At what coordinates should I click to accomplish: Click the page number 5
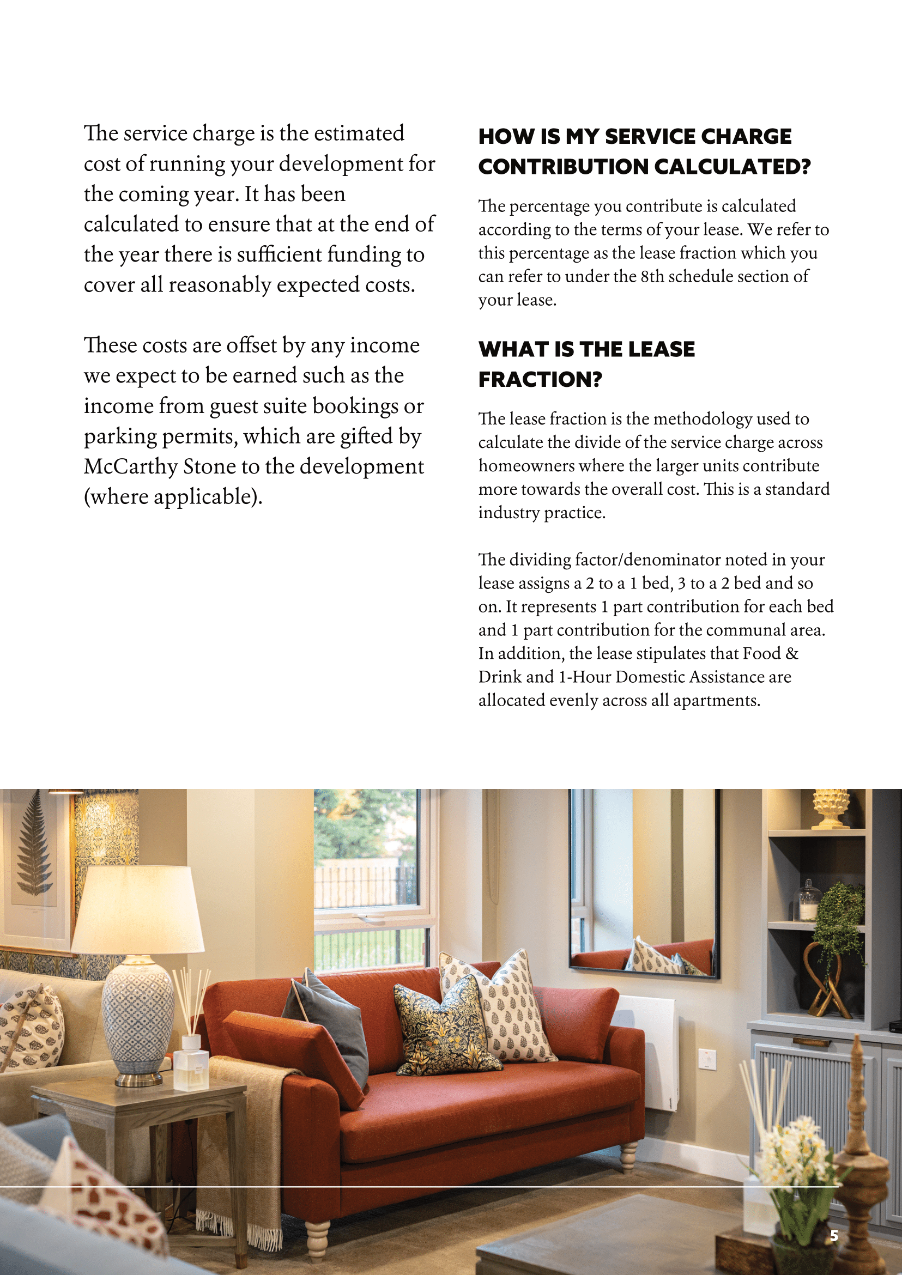point(834,1236)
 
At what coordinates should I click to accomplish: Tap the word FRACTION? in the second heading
point(540,380)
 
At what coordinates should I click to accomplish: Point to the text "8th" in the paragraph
point(652,277)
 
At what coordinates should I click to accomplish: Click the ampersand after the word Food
point(792,654)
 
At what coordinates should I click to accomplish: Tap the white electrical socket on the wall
point(707,1059)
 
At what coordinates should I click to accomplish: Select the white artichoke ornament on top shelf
point(830,809)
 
